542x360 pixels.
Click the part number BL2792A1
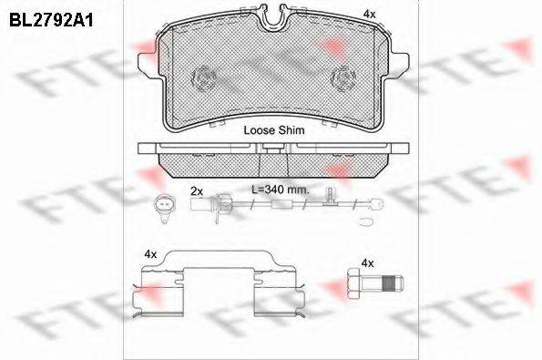coord(51,20)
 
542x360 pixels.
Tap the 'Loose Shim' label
coord(274,130)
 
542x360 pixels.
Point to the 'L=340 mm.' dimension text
coord(280,190)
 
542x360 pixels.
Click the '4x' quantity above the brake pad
coord(369,14)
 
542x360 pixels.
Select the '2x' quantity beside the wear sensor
coord(197,191)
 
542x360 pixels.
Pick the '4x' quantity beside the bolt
coord(367,263)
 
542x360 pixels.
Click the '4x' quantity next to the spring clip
coord(150,254)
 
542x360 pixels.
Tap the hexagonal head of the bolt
coord(354,283)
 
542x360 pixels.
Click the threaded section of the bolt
coord(389,283)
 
